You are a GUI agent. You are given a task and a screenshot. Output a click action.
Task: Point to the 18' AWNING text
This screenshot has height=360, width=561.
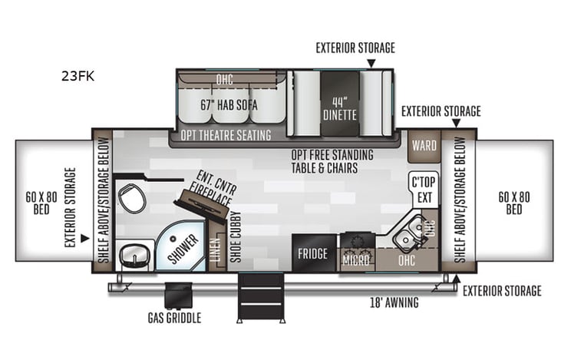coord(394,302)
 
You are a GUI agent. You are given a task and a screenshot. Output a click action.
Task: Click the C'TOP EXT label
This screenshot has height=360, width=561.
coord(423,190)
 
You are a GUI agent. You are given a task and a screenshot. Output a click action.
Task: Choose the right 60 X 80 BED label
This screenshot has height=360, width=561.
coord(515,203)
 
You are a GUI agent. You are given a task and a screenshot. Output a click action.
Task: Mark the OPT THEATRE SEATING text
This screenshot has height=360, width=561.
coord(226,135)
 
